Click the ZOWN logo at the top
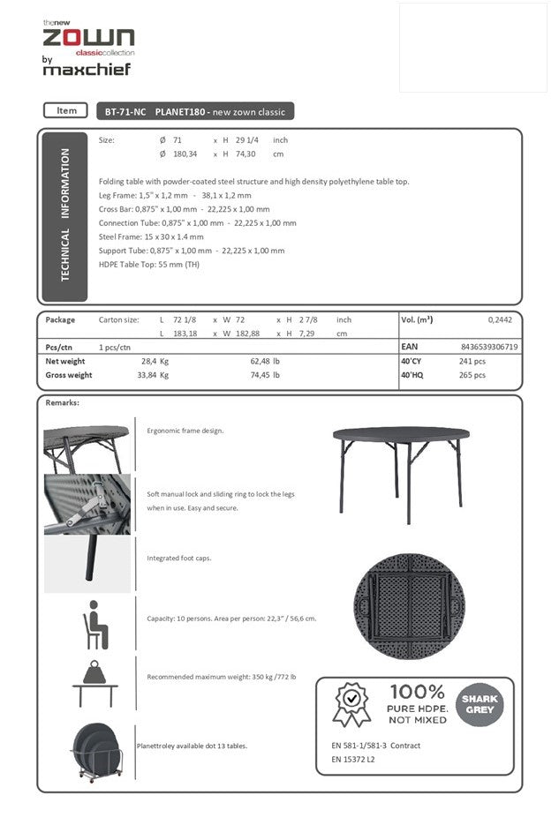88,36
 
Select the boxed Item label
66,111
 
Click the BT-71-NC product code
125,112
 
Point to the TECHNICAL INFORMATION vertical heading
64,214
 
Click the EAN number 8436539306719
489,348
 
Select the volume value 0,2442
501,320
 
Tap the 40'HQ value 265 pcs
472,375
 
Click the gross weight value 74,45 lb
265,375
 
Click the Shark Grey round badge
479,703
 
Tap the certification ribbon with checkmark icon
351,705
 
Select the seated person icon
94,625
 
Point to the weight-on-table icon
94,683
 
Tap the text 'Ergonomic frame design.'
185,431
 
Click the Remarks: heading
62,403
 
